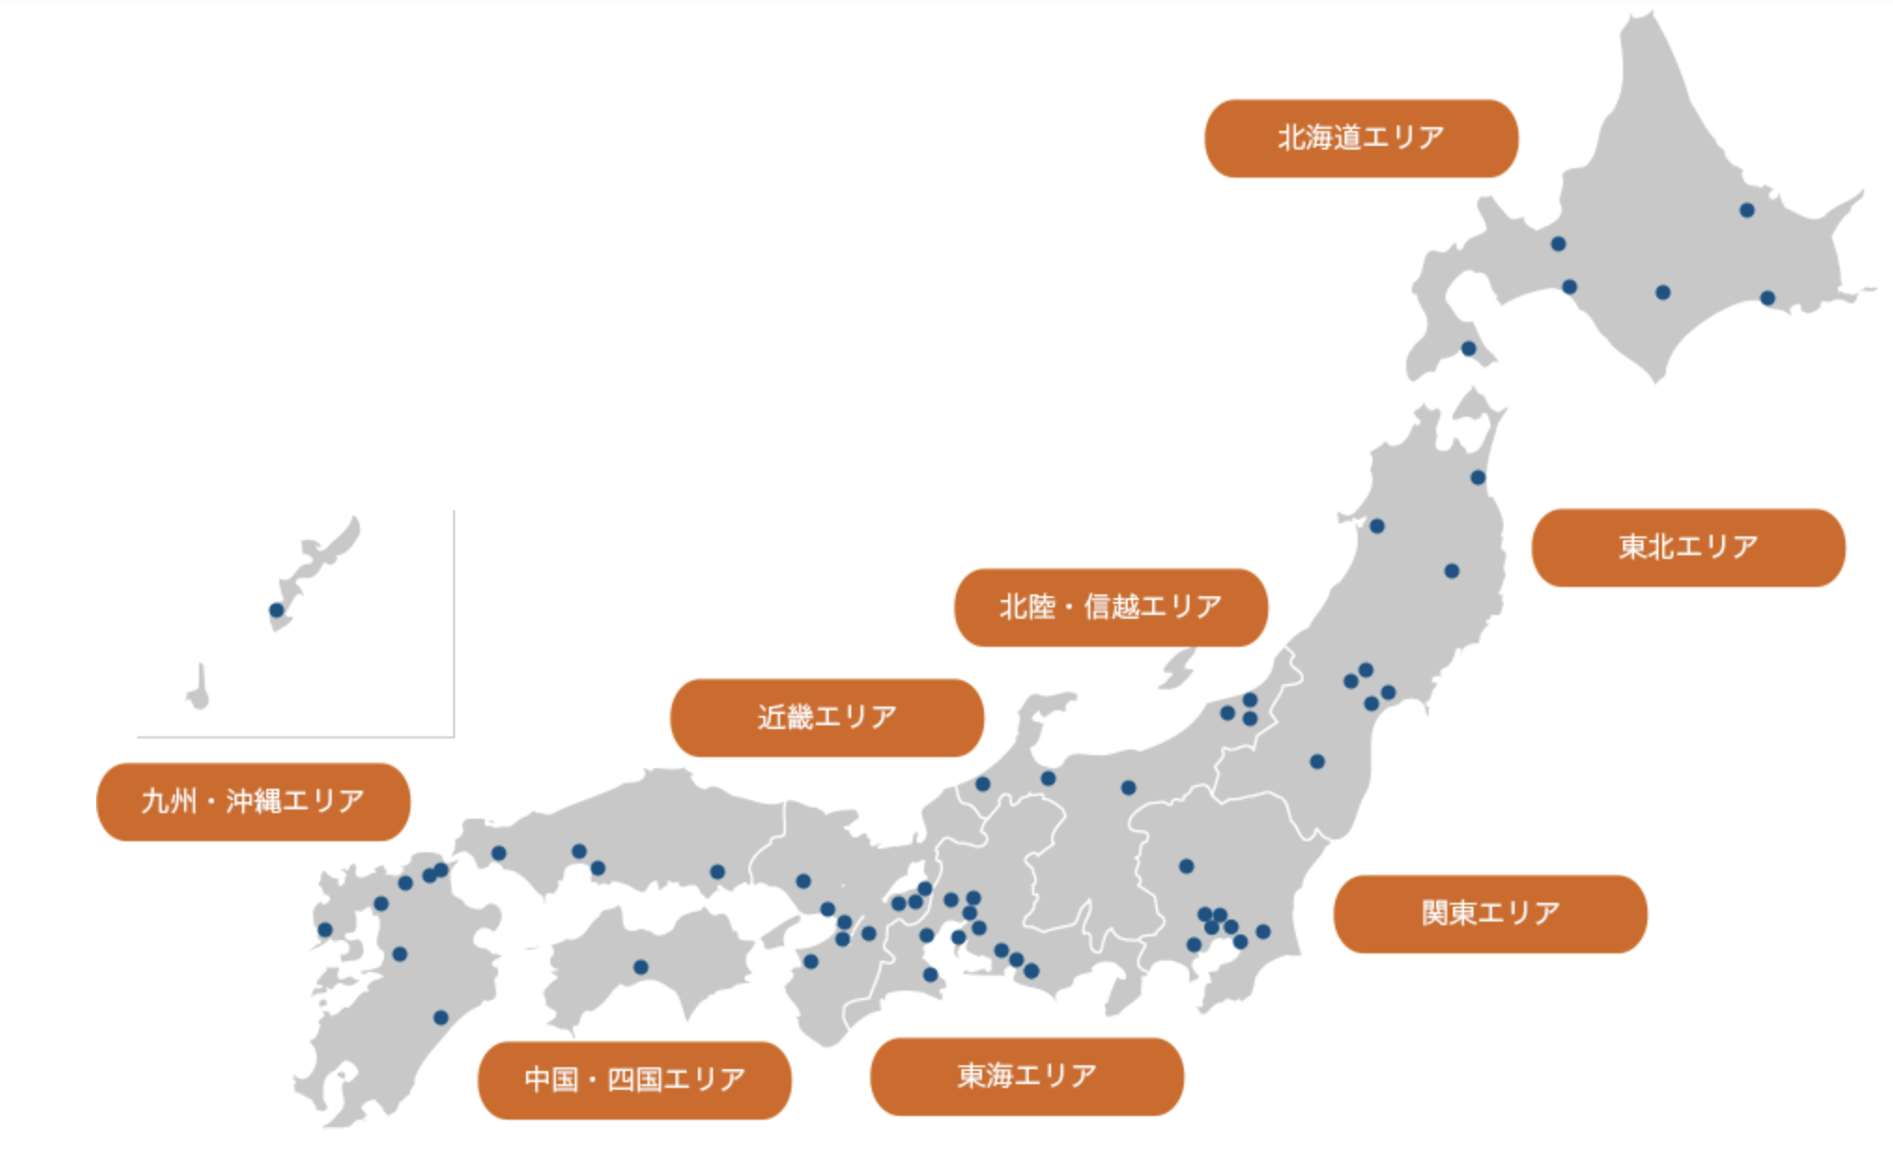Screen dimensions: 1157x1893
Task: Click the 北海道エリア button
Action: [1360, 138]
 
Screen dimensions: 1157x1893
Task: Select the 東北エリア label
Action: [1687, 547]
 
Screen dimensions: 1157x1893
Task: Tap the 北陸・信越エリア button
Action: [1110, 607]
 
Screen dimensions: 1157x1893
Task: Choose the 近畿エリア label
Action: [826, 718]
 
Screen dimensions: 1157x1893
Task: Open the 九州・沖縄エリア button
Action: [252, 802]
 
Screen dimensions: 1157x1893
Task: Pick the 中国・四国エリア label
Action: [633, 1079]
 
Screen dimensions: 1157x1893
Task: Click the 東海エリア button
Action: [1026, 1076]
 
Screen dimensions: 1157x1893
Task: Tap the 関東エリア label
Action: [1489, 913]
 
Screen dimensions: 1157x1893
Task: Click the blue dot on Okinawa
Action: [277, 610]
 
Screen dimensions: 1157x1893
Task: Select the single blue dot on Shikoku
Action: [641, 967]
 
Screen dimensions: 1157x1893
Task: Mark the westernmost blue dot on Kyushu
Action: [325, 930]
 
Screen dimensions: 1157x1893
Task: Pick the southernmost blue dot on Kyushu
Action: [441, 1018]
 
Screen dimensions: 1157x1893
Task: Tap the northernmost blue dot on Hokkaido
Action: [1746, 210]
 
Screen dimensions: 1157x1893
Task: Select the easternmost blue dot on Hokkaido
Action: [1767, 298]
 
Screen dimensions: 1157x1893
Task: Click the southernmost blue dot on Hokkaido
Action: [1469, 349]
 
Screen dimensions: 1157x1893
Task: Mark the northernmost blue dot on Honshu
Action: [1477, 478]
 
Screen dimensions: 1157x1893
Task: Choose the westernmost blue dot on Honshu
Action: [499, 853]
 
